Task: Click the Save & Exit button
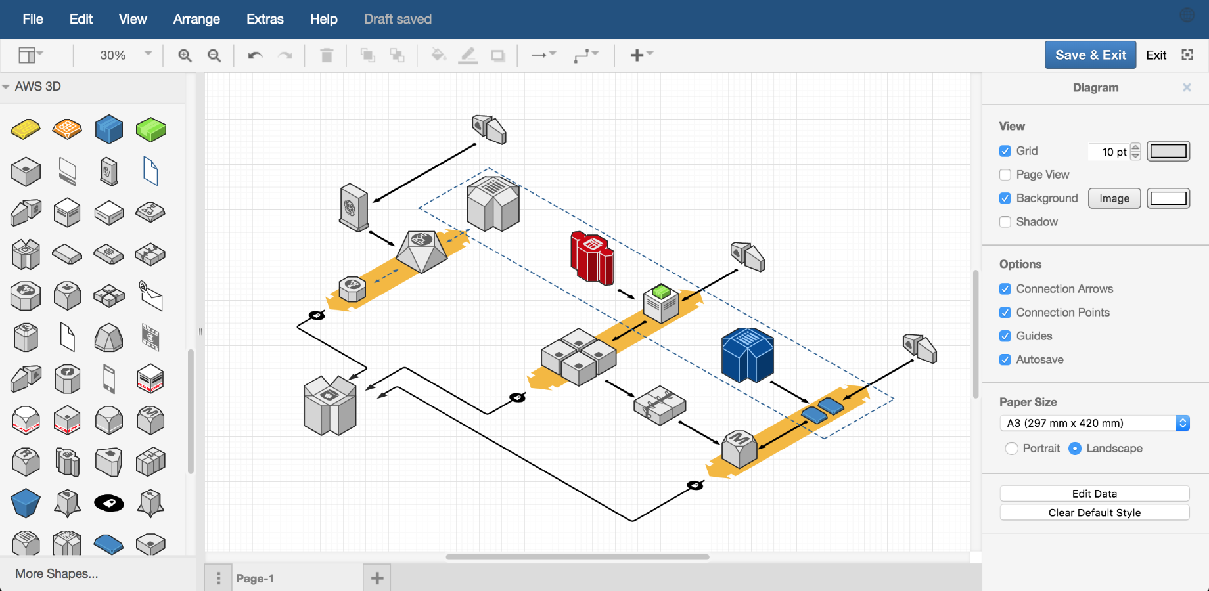point(1090,55)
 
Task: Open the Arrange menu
point(196,19)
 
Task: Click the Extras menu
point(265,19)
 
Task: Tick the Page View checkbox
point(1005,175)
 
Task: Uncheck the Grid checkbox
point(1005,151)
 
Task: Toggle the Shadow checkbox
point(1005,222)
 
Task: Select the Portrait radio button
point(1012,449)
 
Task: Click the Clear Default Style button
point(1094,513)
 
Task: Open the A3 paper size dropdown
point(1094,423)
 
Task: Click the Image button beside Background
point(1114,198)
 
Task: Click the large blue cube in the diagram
point(747,355)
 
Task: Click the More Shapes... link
point(57,573)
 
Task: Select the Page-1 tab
point(255,579)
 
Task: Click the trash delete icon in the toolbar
point(327,55)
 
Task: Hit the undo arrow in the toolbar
point(255,55)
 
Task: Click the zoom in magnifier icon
point(185,55)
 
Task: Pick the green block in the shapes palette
point(150,129)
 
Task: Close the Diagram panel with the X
point(1187,87)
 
